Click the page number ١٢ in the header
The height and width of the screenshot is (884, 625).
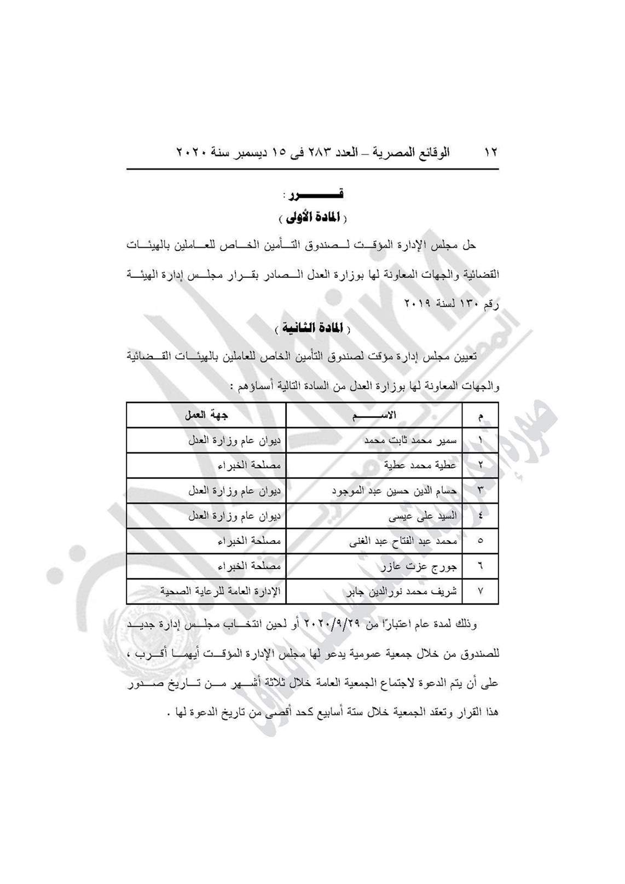[x=490, y=153]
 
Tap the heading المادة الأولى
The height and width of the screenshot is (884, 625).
[x=312, y=217]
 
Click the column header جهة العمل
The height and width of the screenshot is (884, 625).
[x=206, y=415]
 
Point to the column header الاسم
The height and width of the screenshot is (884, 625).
[x=374, y=415]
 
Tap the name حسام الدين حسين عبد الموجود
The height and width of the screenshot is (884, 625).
[x=394, y=490]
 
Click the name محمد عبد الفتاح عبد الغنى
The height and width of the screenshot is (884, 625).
[x=403, y=541]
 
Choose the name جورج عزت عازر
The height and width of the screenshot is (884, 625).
[x=419, y=566]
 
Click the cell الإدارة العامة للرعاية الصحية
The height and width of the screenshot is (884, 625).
[x=220, y=592]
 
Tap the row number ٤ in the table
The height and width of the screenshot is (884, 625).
[x=481, y=516]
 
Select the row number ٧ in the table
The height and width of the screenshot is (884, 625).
[x=481, y=592]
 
